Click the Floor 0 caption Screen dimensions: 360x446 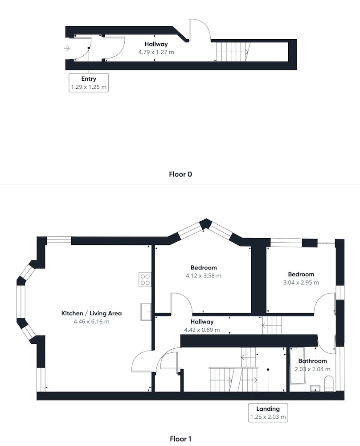click(x=180, y=174)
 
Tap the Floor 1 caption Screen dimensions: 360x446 click(x=180, y=439)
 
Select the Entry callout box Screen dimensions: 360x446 click(x=89, y=83)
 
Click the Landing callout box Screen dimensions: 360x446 click(x=268, y=413)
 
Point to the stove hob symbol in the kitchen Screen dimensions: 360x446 click(x=145, y=279)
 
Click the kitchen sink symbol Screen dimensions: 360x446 click(x=146, y=312)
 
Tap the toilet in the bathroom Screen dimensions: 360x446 click(x=329, y=384)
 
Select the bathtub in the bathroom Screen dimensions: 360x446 click(x=297, y=366)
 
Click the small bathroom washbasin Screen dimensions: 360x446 click(x=315, y=388)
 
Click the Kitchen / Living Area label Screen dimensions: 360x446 click(x=91, y=313)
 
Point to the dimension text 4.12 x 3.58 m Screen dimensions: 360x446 click(x=204, y=276)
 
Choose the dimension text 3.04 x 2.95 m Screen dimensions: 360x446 click(x=301, y=282)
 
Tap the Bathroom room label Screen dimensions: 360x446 click(x=312, y=361)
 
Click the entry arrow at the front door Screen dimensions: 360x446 click(x=67, y=49)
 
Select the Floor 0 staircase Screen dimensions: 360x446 click(x=233, y=51)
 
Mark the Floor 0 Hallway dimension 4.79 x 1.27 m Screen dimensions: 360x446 click(x=156, y=52)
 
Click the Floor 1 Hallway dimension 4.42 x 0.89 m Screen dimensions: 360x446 click(x=202, y=330)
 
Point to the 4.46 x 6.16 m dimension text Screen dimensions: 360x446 click(x=91, y=322)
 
